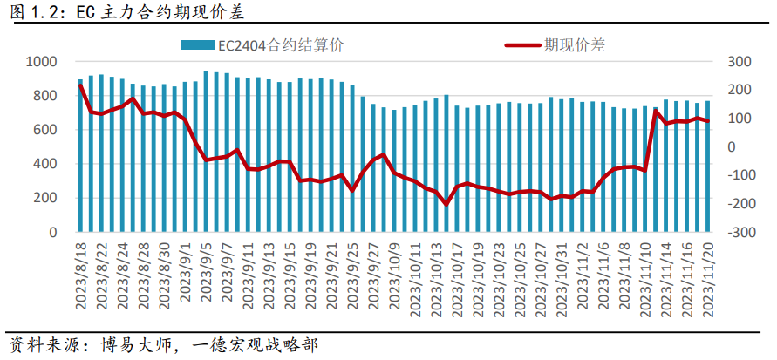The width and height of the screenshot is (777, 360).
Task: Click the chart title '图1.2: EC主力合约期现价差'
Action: pyautogui.click(x=126, y=12)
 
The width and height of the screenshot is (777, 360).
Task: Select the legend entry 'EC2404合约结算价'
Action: pyautogui.click(x=262, y=45)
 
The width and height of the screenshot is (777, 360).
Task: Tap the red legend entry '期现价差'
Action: pyautogui.click(x=555, y=45)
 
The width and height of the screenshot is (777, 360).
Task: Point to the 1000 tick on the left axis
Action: pyautogui.click(x=43, y=62)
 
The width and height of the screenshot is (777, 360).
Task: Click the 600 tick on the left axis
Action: pyautogui.click(x=48, y=130)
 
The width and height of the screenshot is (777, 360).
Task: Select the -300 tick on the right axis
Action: pyautogui.click(x=740, y=232)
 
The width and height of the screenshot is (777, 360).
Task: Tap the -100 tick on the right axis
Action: pyautogui.click(x=740, y=175)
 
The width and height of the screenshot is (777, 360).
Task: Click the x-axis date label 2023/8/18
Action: pyautogui.click(x=81, y=275)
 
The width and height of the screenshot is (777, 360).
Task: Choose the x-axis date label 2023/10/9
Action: pyautogui.click(x=394, y=275)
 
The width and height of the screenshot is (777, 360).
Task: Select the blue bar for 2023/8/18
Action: pyautogui.click(x=80, y=155)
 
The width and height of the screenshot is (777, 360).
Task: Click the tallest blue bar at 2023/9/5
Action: pyautogui.click(x=206, y=152)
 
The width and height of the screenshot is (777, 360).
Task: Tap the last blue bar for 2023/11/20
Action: pyautogui.click(x=707, y=166)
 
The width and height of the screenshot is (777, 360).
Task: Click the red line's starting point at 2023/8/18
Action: pyautogui.click(x=80, y=85)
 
